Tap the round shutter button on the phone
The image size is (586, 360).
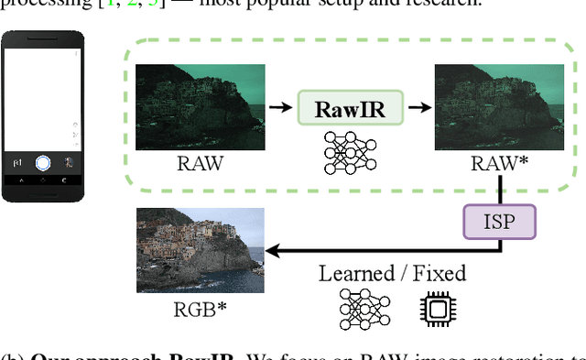pos(42,163)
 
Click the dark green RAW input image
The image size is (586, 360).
pos(200,107)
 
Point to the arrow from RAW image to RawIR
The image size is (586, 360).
pos(280,108)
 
